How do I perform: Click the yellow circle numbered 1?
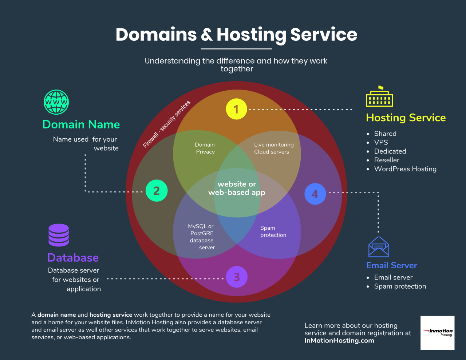(x=236, y=109)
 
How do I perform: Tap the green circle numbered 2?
(x=157, y=191)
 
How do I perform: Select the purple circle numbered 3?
(x=237, y=277)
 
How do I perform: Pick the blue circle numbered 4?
(x=315, y=194)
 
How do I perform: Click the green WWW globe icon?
(x=56, y=102)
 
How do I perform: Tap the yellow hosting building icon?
(x=379, y=97)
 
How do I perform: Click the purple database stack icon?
(x=59, y=235)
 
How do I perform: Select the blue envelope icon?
(x=379, y=247)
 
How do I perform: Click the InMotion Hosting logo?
(x=438, y=333)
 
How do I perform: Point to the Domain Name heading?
(x=81, y=124)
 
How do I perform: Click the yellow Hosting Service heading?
(x=406, y=118)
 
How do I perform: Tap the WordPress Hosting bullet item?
(x=405, y=169)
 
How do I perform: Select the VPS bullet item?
(x=381, y=142)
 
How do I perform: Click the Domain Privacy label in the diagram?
(x=205, y=148)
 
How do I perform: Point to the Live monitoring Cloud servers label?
(x=273, y=148)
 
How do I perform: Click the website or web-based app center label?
(x=237, y=188)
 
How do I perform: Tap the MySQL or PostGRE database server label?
(x=202, y=237)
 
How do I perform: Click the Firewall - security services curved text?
(x=167, y=124)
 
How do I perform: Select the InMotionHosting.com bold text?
(x=339, y=341)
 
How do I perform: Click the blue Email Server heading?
(x=392, y=265)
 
